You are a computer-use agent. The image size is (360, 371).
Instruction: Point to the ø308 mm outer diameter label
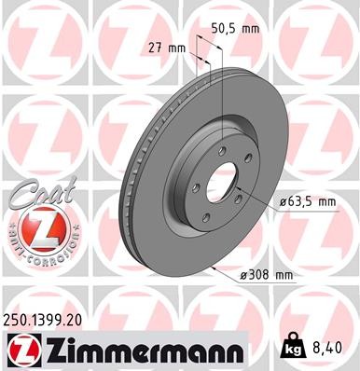tap(266, 274)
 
